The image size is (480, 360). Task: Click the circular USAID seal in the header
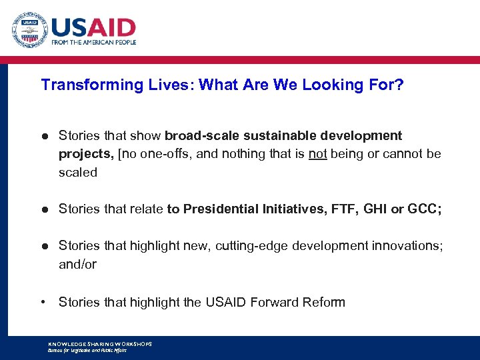29,30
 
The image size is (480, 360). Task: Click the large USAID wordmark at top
93,27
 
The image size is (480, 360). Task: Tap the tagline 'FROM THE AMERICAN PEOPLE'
93,42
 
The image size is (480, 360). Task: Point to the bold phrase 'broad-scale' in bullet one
199,136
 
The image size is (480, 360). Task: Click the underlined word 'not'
317,154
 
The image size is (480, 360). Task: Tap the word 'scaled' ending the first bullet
78,173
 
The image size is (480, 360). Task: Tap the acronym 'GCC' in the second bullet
423,209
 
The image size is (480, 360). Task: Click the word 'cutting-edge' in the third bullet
248,246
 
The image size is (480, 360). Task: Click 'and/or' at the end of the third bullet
78,265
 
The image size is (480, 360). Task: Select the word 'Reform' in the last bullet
322,303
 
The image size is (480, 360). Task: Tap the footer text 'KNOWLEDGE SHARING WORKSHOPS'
100,344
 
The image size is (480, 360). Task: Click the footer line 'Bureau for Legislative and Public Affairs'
87,350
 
